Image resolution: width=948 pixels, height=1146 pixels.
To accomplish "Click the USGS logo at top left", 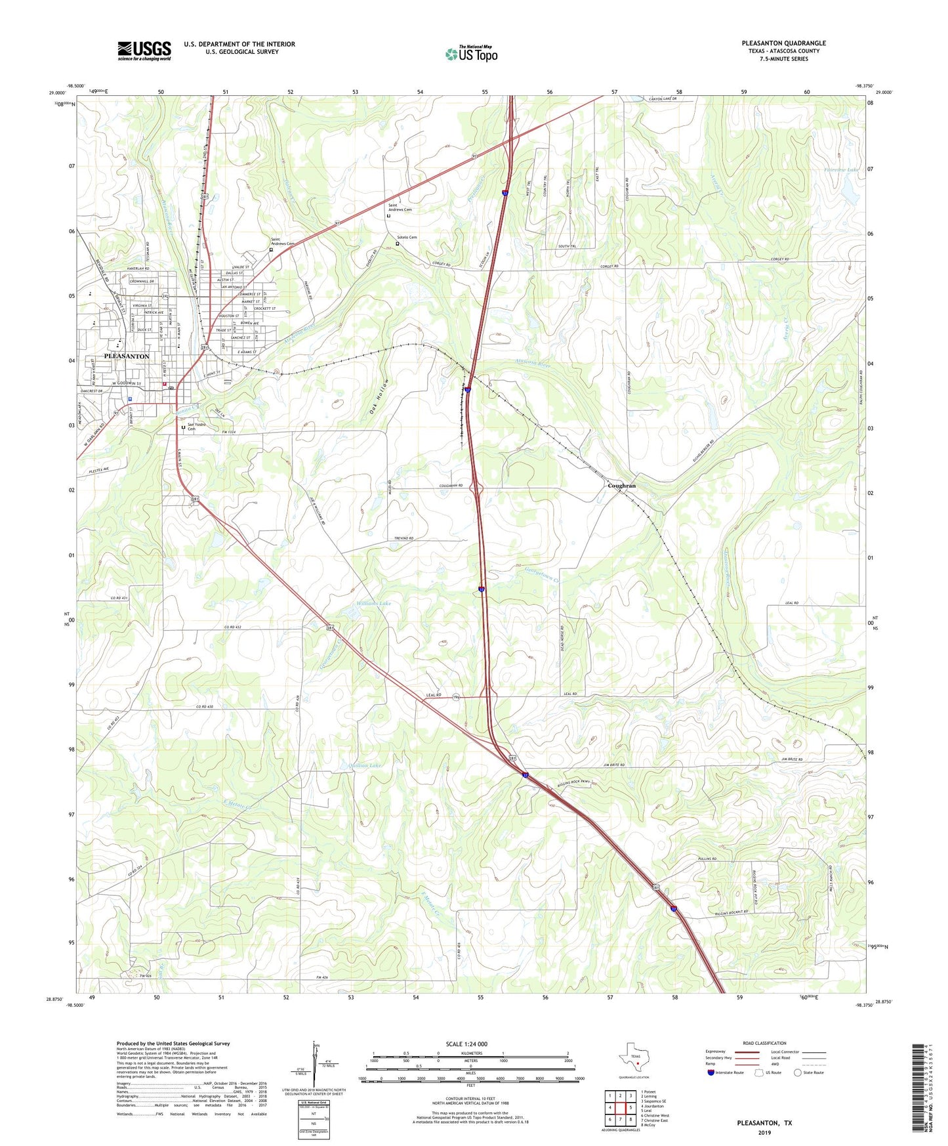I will (144, 51).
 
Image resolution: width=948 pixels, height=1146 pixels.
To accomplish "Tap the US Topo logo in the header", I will (471, 53).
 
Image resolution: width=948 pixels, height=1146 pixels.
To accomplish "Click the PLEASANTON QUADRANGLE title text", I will (783, 43).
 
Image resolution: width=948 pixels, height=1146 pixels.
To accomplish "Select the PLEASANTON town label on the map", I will (127, 356).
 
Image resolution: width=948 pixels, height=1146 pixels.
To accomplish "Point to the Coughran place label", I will (621, 486).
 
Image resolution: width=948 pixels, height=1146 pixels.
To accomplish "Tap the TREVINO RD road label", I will (403, 538).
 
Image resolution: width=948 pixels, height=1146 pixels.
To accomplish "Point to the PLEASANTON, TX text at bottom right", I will (764, 1123).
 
